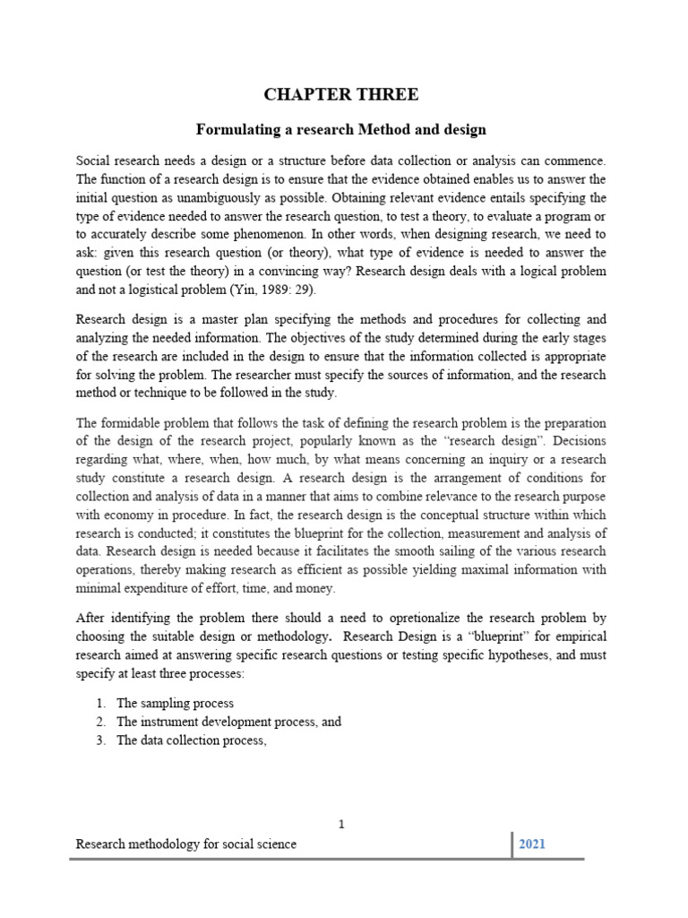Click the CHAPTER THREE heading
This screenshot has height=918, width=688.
point(340,95)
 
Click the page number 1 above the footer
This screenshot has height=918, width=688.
point(341,825)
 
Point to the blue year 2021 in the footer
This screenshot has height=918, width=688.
point(531,844)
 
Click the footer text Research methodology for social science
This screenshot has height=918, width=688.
point(186,844)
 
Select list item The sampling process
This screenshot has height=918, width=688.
point(175,704)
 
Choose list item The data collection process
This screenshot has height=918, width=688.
point(191,740)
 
